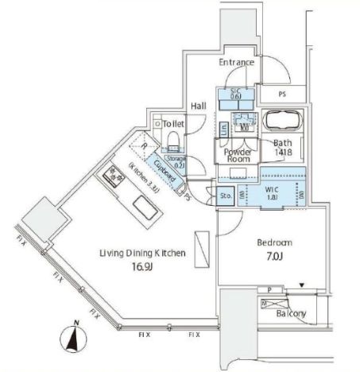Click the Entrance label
pyautogui.click(x=237, y=62)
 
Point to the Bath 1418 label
pyautogui.click(x=284, y=147)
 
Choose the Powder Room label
pyautogui.click(x=237, y=155)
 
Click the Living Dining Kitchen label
pyautogui.click(x=142, y=253)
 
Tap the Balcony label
pyautogui.click(x=290, y=314)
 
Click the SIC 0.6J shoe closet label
pyautogui.click(x=234, y=93)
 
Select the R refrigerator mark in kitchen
pyautogui.click(x=143, y=146)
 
